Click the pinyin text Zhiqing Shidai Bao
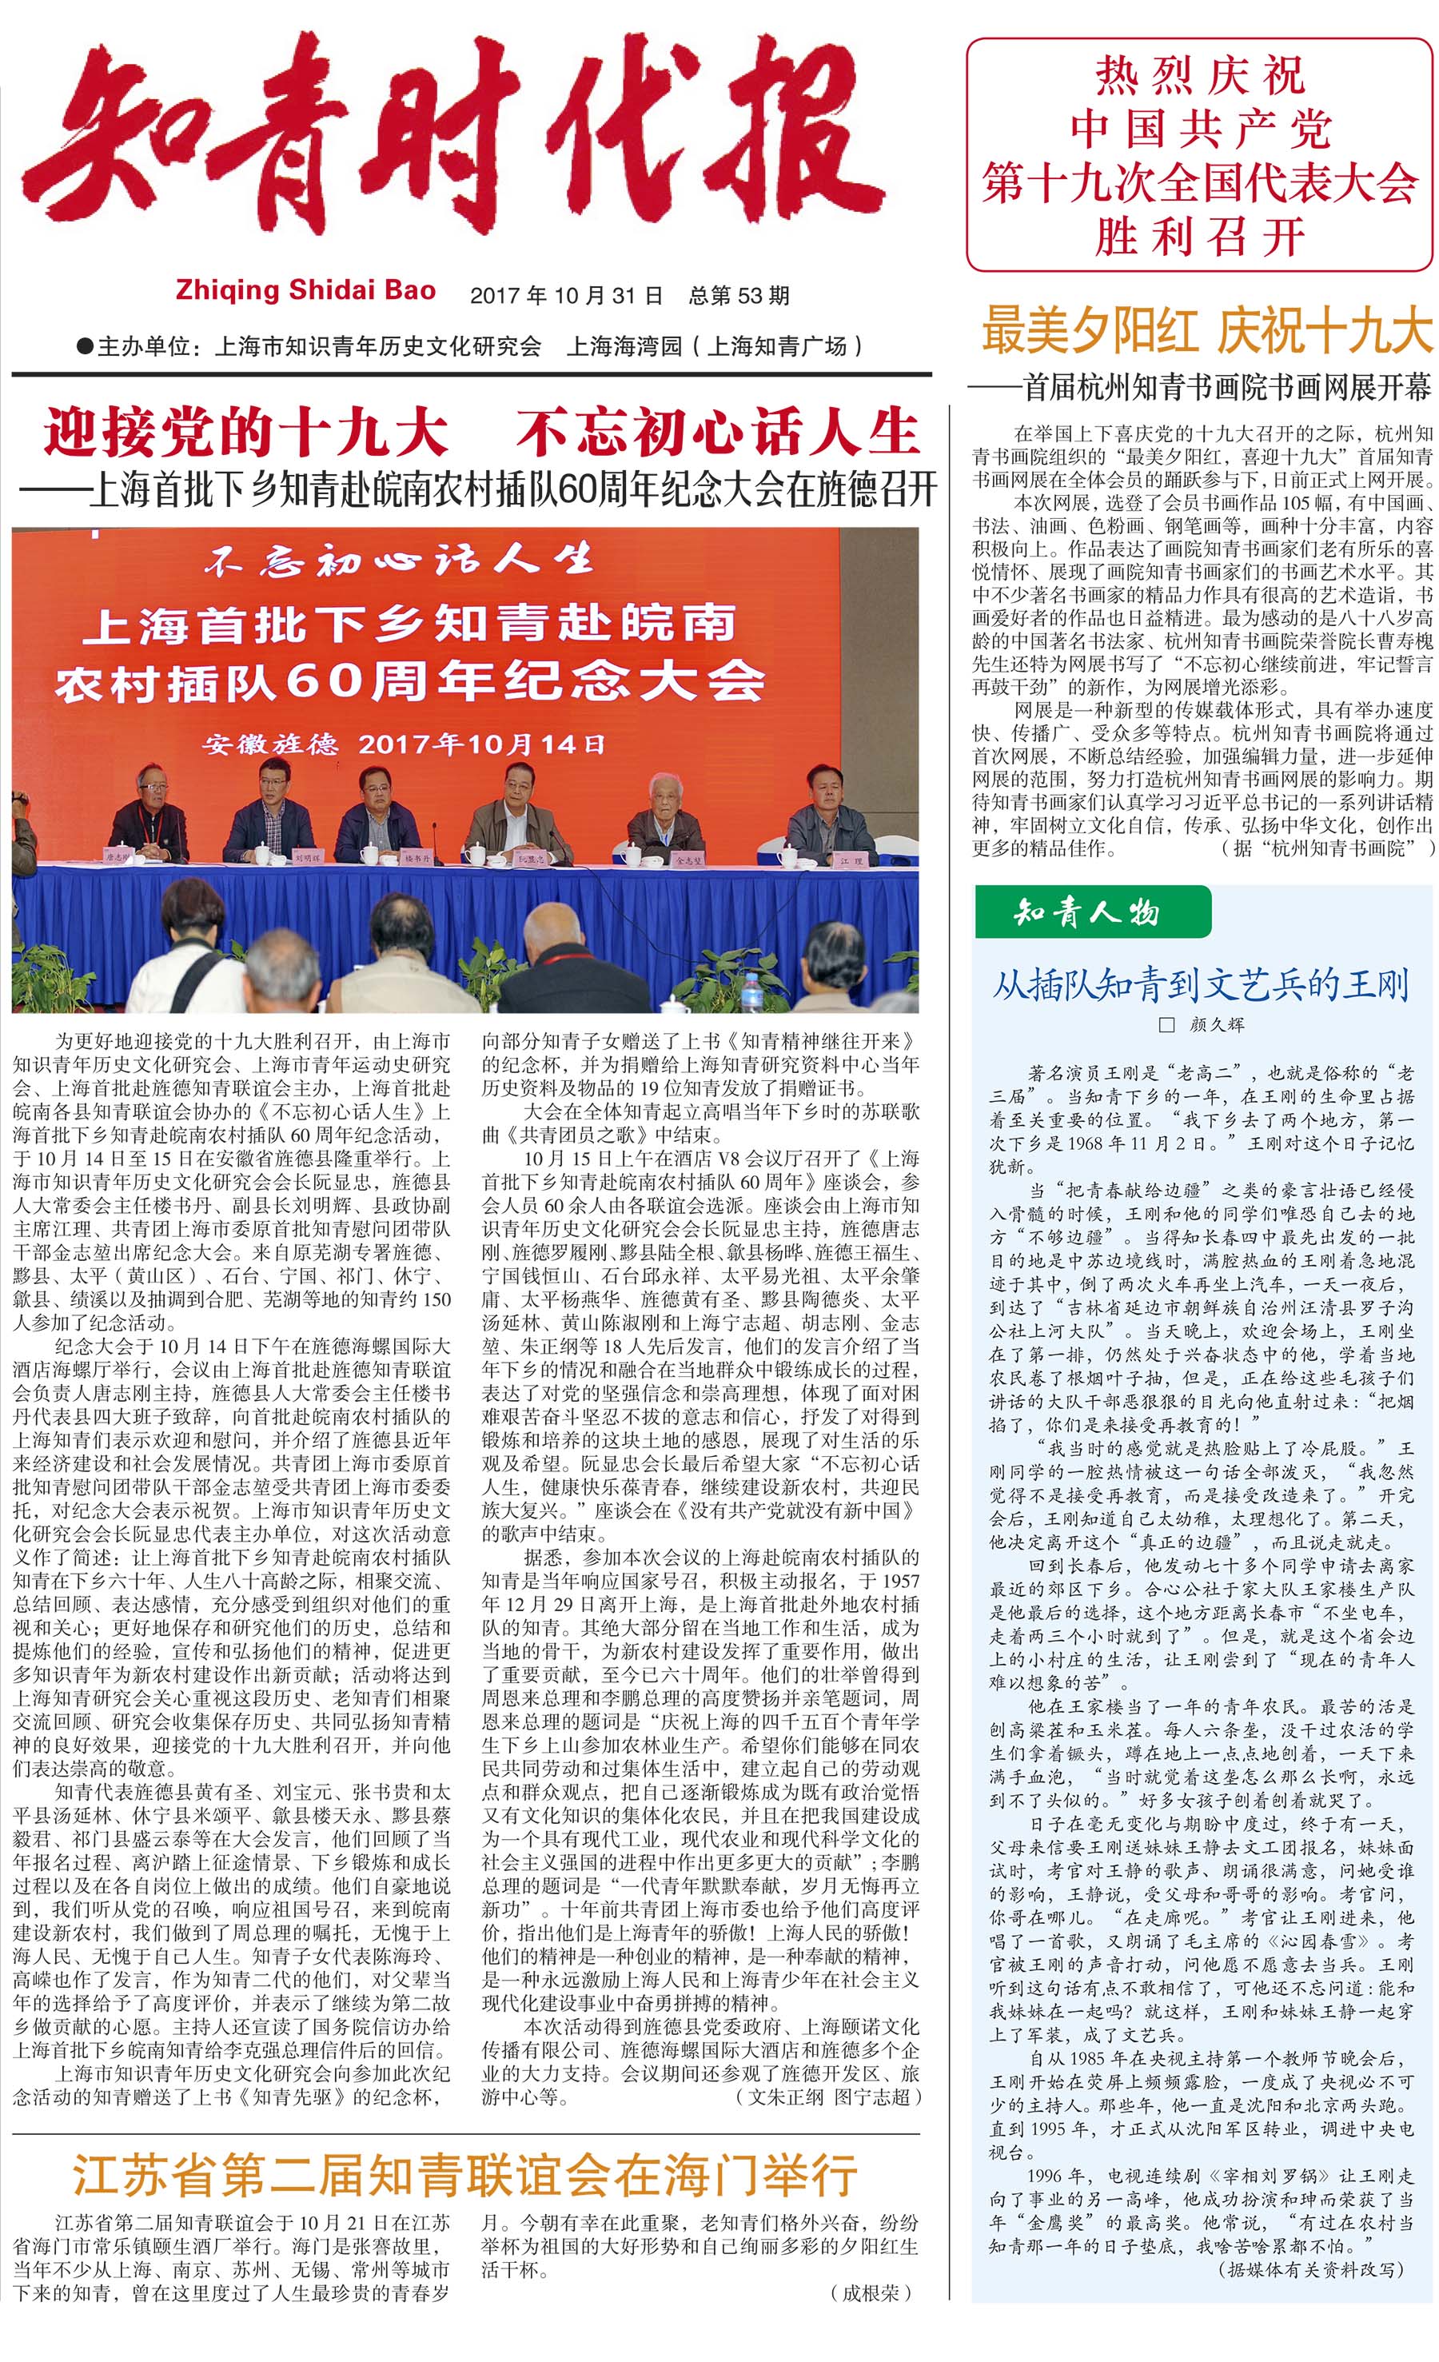click(305, 290)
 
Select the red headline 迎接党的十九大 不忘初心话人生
click(480, 433)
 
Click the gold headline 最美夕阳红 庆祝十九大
click(1206, 331)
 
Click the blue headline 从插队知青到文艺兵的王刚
click(1199, 984)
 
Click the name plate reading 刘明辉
click(309, 857)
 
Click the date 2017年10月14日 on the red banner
click(480, 744)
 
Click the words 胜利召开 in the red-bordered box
click(1199, 236)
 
